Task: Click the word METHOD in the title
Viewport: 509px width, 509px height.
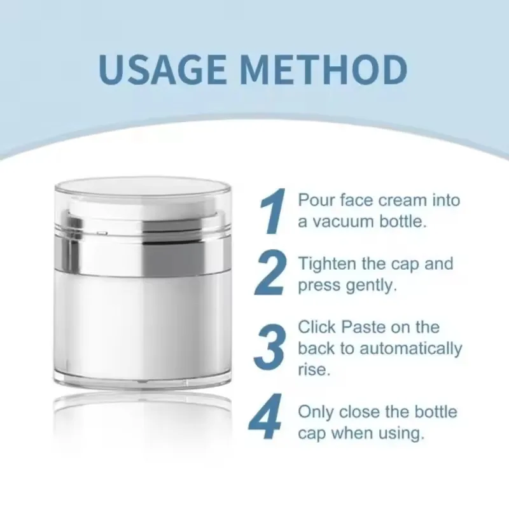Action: [322, 70]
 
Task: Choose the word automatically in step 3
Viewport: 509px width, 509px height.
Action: [411, 349]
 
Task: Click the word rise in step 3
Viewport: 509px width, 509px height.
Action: [313, 370]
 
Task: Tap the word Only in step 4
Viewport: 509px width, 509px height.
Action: [316, 412]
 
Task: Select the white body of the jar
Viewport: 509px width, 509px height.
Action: [143, 324]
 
